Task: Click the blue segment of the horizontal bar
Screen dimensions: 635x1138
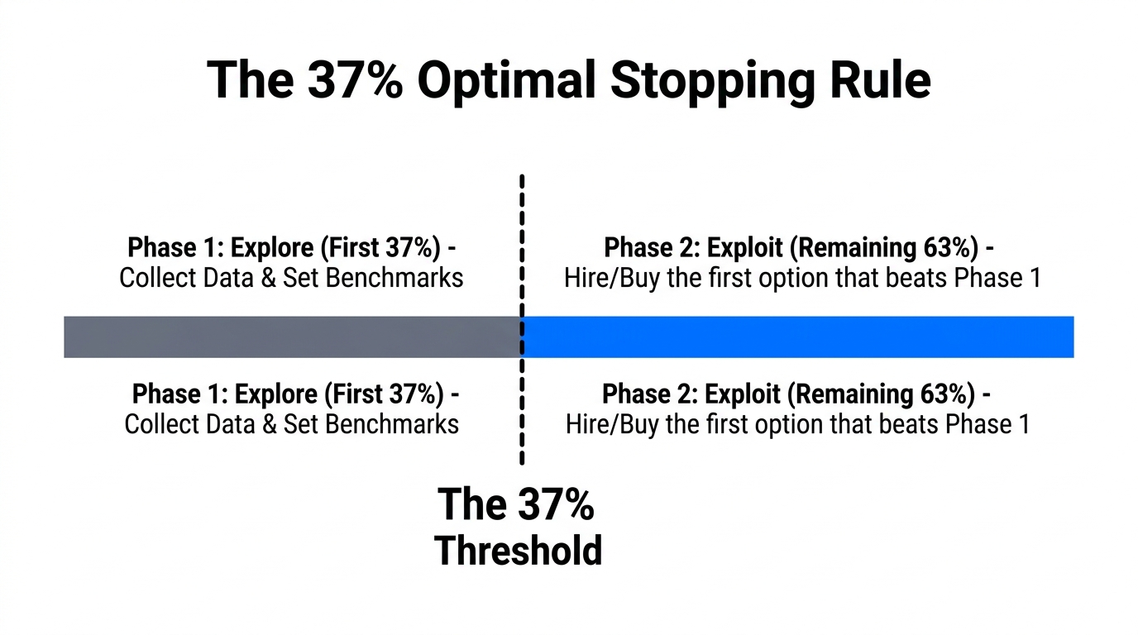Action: pos(798,337)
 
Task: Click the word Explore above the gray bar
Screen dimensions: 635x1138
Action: pos(270,248)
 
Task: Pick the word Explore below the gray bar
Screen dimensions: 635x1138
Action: pos(275,394)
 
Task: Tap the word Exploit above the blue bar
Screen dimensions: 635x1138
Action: pos(749,248)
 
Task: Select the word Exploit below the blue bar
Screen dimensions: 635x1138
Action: pos(747,394)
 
